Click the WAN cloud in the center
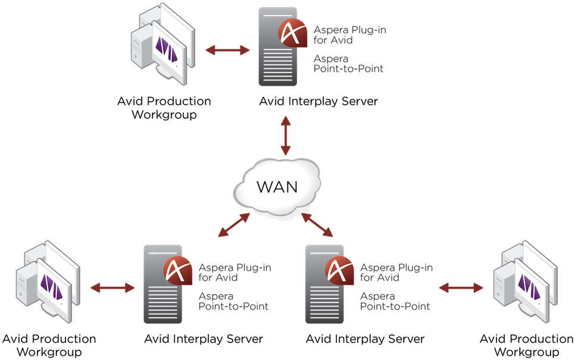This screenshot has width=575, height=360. [277, 187]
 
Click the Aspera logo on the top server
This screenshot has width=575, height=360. [293, 33]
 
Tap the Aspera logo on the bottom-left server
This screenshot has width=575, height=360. [178, 271]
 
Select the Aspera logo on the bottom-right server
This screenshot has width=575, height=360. [339, 271]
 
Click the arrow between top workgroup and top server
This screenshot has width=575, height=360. [227, 50]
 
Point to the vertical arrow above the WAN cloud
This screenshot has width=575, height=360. [286, 136]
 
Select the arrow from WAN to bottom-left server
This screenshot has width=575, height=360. [234, 225]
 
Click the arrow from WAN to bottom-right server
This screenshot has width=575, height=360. [317, 225]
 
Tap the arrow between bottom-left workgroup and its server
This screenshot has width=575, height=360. [112, 288]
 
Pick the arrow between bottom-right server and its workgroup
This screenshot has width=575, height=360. [461, 288]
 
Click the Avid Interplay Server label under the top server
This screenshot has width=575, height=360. [318, 101]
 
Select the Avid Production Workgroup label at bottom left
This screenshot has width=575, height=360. [49, 345]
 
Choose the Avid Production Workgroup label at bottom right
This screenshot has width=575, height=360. [527, 345]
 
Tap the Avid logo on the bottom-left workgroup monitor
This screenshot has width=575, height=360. [51, 287]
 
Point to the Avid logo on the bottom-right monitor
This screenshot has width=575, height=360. [529, 287]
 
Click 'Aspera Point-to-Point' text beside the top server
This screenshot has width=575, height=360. [348, 64]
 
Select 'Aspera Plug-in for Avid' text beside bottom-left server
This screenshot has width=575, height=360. [235, 273]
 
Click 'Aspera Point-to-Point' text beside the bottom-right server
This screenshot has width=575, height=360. [395, 301]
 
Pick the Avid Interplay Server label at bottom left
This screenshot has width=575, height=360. [204, 339]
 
